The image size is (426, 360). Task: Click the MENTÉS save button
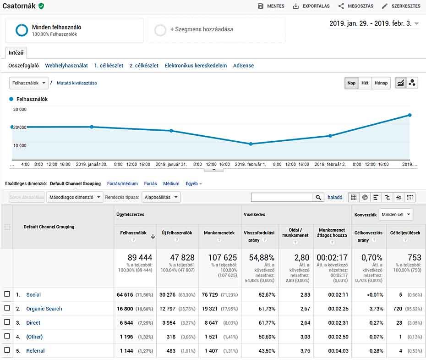(x=271, y=6)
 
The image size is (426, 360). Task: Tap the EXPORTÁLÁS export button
(x=311, y=6)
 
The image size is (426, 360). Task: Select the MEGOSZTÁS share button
(x=355, y=6)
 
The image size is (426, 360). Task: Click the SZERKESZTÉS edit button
(x=401, y=6)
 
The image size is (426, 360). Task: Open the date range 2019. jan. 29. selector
(x=374, y=24)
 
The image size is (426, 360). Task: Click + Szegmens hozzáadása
(x=202, y=29)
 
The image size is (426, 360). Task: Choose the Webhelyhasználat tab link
(x=66, y=66)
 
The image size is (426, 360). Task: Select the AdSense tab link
(x=243, y=66)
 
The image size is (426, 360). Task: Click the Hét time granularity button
(x=365, y=83)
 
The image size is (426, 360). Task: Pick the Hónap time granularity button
(x=381, y=83)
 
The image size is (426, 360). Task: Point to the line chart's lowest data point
(x=251, y=144)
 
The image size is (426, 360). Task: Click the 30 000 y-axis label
(x=20, y=110)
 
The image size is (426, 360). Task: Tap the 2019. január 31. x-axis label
(x=171, y=164)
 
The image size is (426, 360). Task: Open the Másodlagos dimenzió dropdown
(x=74, y=197)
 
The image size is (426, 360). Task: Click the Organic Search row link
(x=44, y=309)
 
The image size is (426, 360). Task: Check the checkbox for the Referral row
(x=7, y=350)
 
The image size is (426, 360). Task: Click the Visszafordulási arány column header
(x=259, y=235)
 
